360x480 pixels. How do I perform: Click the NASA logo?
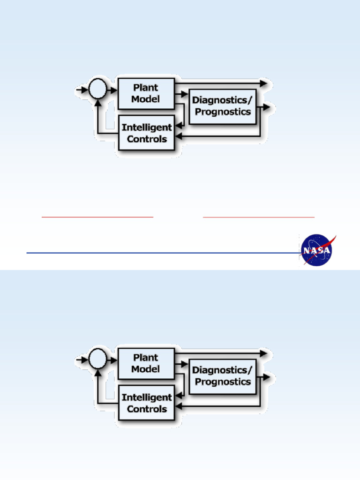[x=317, y=250]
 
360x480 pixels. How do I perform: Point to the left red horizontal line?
[x=97, y=217]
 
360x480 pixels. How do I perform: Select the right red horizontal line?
[x=259, y=217]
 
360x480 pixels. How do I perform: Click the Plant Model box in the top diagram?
[x=146, y=93]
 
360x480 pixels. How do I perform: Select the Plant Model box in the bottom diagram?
[x=146, y=363]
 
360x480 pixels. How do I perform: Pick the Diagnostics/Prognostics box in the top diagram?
[x=223, y=105]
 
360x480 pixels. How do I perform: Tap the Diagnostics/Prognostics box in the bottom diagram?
[x=223, y=375]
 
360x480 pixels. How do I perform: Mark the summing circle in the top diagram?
[x=98, y=89]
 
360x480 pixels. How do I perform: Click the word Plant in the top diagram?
[x=146, y=88]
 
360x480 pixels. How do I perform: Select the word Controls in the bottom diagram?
[x=147, y=409]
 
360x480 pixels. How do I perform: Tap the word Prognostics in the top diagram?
[x=223, y=112]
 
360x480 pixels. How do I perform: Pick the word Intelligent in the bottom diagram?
[x=147, y=397]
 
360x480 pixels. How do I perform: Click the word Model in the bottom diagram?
[x=146, y=369]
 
